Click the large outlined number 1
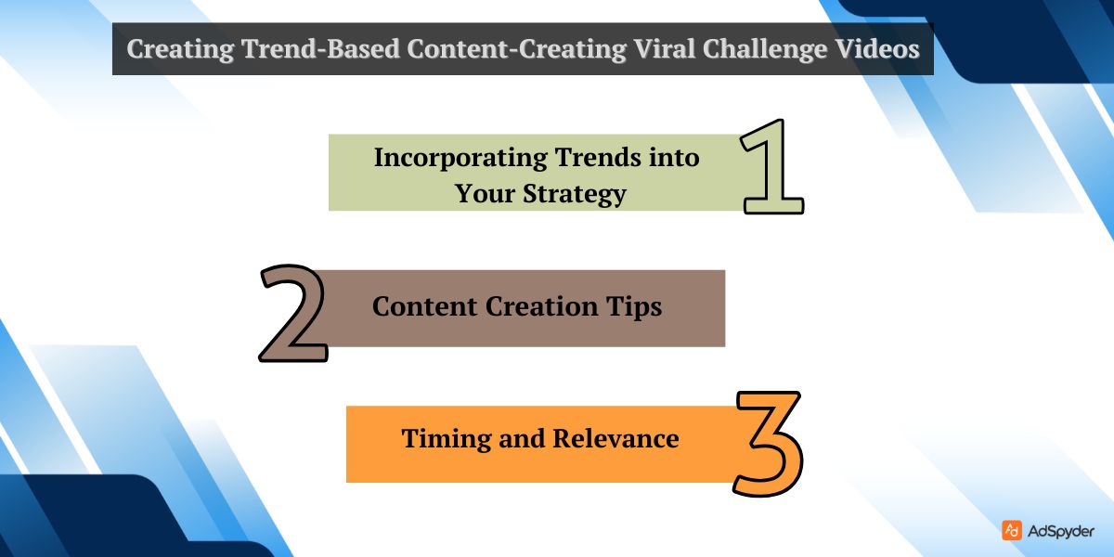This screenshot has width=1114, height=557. (773, 167)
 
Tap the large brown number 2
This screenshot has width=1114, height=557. (292, 314)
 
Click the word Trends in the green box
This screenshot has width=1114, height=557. (598, 158)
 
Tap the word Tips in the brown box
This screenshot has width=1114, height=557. (639, 307)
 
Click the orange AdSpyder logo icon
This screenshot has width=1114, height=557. (1012, 530)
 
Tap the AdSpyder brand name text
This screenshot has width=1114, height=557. (1061, 531)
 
